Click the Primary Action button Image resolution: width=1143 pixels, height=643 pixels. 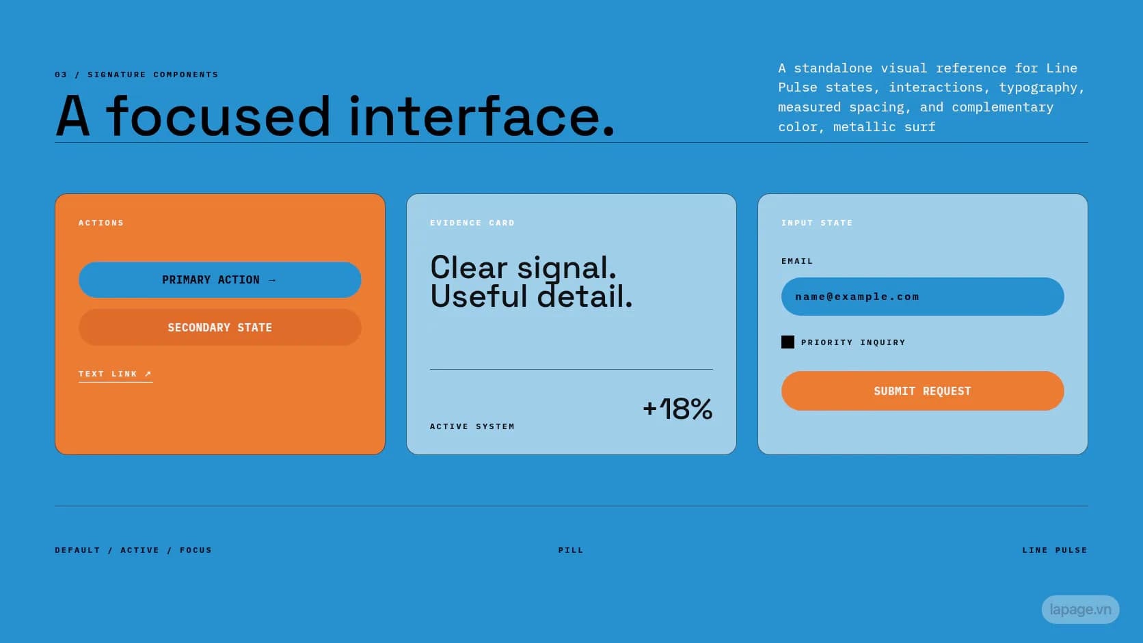pyautogui.click(x=220, y=280)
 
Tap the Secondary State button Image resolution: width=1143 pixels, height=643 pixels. pyautogui.click(x=220, y=327)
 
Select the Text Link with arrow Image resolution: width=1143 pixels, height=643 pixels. pyautogui.click(x=116, y=374)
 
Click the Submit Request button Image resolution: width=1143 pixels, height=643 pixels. pyautogui.click(x=923, y=391)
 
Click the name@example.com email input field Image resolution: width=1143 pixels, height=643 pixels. pyautogui.click(x=923, y=297)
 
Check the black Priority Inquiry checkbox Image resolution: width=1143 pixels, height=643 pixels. pyautogui.click(x=788, y=342)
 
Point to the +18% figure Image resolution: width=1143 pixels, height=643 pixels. pyautogui.click(x=677, y=409)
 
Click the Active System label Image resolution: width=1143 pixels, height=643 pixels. pyautogui.click(x=472, y=426)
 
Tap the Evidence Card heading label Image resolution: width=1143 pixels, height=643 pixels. pyautogui.click(x=472, y=223)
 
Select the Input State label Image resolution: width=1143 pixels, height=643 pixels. pyautogui.click(x=817, y=223)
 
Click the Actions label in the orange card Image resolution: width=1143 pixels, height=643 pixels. pyautogui.click(x=101, y=223)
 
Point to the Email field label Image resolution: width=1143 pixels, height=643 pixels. pyautogui.click(x=797, y=261)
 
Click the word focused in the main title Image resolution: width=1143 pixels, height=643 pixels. pyautogui.click(x=218, y=116)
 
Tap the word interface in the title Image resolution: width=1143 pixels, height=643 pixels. pyautogui.click(x=474, y=116)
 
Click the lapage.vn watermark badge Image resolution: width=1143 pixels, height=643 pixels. pyautogui.click(x=1080, y=610)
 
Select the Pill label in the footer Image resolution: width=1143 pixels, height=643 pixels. pyautogui.click(x=571, y=550)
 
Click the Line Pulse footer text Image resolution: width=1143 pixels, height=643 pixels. pyautogui.click(x=1055, y=550)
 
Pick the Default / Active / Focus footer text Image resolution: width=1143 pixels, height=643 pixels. pyautogui.click(x=133, y=550)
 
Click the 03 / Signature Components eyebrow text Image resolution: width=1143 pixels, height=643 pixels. pyautogui.click(x=136, y=74)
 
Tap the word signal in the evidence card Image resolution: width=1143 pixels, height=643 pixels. pyautogui.click(x=567, y=269)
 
